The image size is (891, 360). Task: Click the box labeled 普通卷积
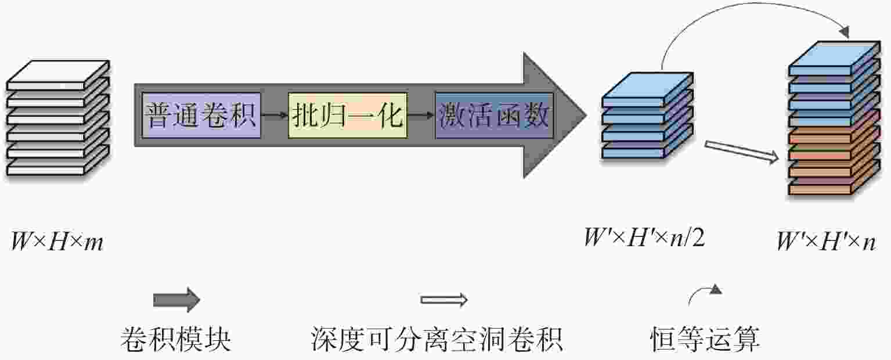[x=201, y=116]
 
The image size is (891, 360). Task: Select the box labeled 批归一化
[x=348, y=116]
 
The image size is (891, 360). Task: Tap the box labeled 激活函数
[x=495, y=116]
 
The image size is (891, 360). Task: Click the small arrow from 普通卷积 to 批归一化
[x=275, y=116]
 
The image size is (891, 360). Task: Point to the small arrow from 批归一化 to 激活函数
[x=421, y=116]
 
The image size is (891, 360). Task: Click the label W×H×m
[x=57, y=242]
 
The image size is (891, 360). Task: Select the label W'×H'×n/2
[x=644, y=238]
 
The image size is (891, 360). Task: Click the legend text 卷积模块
[x=176, y=339]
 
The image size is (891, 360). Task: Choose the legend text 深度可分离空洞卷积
[x=437, y=339]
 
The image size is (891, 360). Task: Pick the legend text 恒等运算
[x=705, y=339]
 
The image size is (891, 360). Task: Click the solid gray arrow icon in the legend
[x=176, y=300]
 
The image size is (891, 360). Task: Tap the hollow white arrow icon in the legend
[x=444, y=300]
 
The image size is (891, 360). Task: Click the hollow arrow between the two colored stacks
[x=741, y=152]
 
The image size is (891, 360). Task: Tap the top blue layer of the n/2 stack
[x=648, y=89]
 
